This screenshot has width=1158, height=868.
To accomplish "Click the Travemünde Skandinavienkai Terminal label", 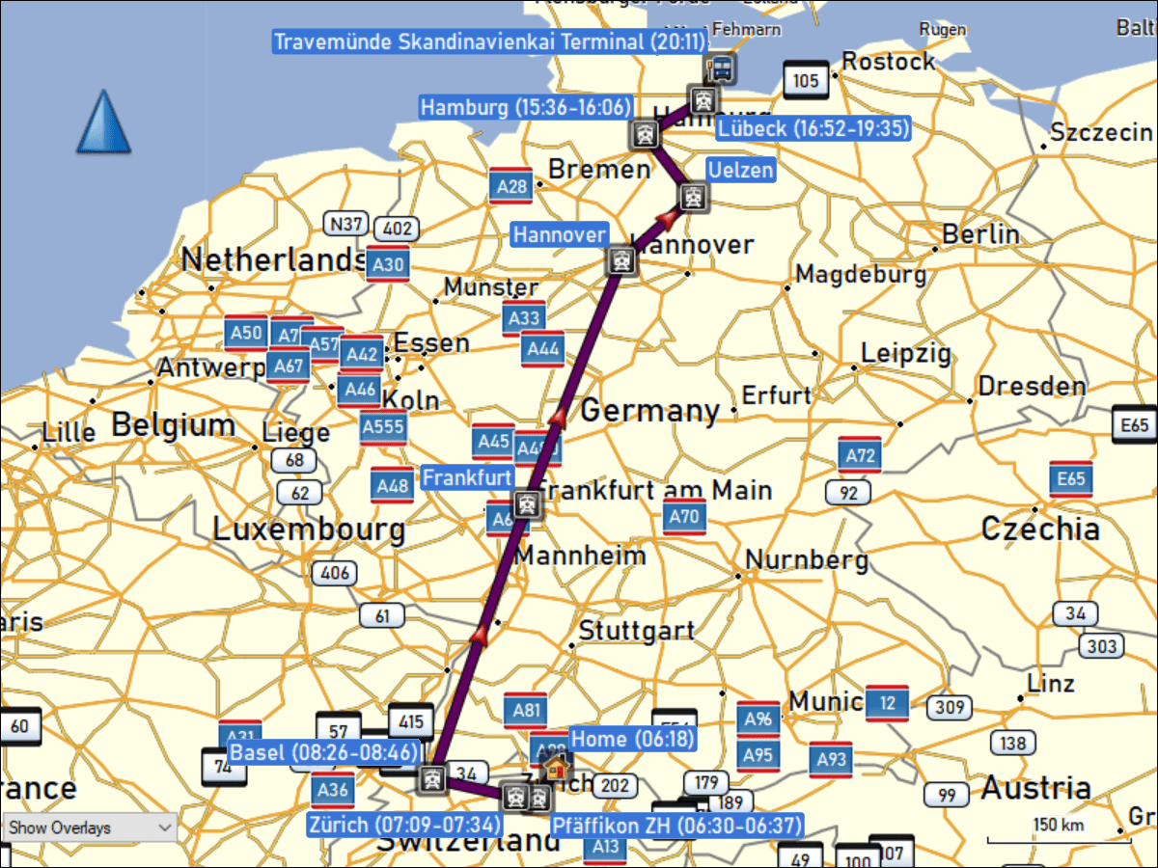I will click(490, 41).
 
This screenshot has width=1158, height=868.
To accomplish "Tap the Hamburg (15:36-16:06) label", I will click(525, 107).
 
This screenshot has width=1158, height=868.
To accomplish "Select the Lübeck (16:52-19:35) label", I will click(813, 128).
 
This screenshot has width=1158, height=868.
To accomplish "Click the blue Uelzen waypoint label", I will click(741, 171).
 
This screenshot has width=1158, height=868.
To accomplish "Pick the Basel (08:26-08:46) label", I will click(324, 753).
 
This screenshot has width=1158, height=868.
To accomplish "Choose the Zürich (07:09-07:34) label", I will click(405, 825).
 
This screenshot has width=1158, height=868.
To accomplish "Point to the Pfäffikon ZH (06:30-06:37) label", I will click(676, 827).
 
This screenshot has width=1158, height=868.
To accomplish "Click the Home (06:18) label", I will click(632, 739).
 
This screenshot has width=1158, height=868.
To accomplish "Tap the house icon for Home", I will click(556, 768).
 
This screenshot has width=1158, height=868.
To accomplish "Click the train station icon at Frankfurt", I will click(527, 502).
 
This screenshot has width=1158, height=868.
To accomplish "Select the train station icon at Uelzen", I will click(691, 199).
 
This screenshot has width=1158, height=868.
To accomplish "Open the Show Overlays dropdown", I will click(89, 827).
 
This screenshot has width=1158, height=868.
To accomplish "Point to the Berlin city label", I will click(980, 234).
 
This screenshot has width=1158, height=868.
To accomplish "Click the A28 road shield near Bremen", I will click(510, 185).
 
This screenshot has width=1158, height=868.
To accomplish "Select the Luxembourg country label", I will click(309, 529).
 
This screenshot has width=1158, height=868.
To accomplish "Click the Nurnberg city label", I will click(807, 559).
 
